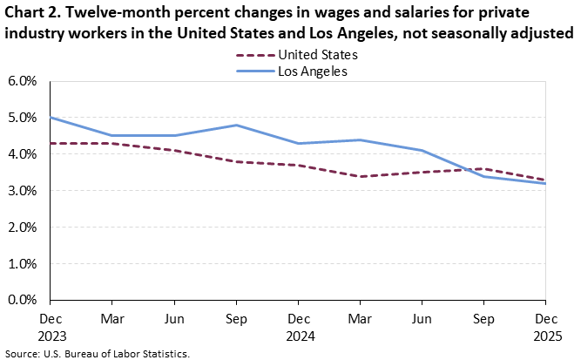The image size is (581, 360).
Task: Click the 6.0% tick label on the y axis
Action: [23, 81]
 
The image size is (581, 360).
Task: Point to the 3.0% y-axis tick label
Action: [23, 191]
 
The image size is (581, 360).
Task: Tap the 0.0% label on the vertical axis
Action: [23, 300]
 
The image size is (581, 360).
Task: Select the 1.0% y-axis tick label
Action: [23, 263]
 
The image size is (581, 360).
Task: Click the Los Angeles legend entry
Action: [313, 71]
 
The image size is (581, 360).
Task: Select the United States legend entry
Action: [317, 54]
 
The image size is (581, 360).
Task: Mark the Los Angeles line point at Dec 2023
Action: [51, 118]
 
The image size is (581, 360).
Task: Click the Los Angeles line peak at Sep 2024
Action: [237, 125]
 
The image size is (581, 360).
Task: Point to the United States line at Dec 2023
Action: [51, 143]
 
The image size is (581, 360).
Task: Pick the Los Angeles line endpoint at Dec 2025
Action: [546, 183]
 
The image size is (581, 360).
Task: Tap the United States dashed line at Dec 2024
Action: [299, 165]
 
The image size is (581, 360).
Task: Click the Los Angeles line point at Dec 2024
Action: [299, 143]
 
